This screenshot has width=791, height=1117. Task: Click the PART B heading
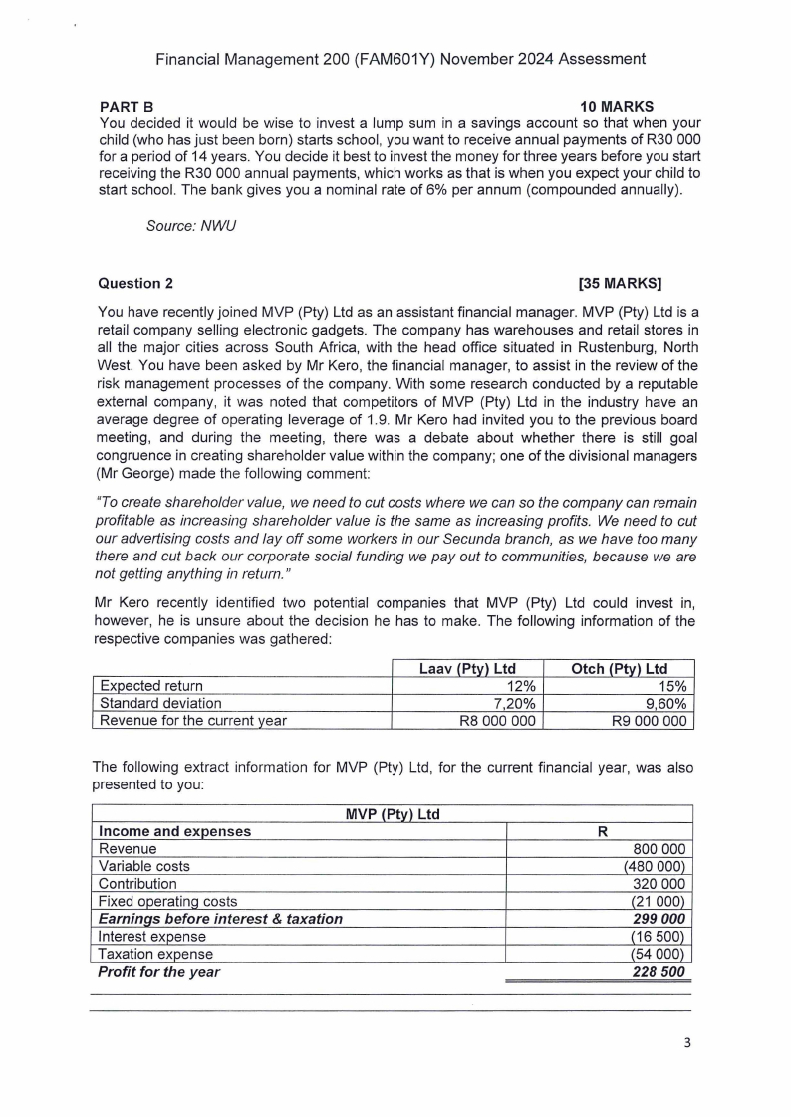pyautogui.click(x=127, y=106)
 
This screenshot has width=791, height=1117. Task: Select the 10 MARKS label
pyautogui.click(x=617, y=106)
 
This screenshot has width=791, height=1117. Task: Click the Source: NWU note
pyautogui.click(x=182, y=226)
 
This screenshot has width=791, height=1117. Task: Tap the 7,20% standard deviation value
pyautogui.click(x=514, y=703)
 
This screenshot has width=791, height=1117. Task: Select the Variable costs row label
pyautogui.click(x=144, y=866)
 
